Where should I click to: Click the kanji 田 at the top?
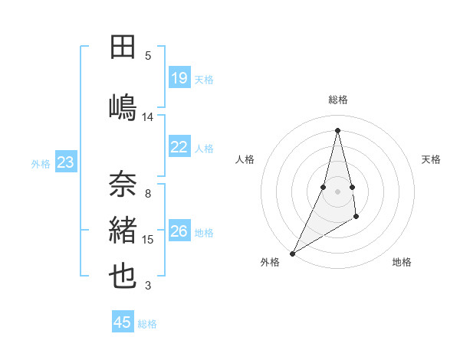click(123, 47)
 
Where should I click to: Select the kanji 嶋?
click(123, 107)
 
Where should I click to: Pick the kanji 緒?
click(123, 230)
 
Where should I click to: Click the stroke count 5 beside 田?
click(148, 56)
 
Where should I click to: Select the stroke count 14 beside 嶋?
click(148, 117)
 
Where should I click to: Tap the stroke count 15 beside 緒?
click(148, 240)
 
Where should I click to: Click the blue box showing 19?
click(179, 78)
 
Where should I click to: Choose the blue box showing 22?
click(179, 147)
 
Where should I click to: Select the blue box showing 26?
click(179, 231)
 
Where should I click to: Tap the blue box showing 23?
click(65, 162)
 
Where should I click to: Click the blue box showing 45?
click(123, 322)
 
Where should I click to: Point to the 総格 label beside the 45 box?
click(147, 324)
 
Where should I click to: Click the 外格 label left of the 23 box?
click(41, 163)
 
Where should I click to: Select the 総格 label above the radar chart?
click(338, 100)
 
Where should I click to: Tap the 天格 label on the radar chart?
click(431, 159)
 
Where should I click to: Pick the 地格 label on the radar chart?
click(402, 262)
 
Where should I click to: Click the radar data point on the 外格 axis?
click(293, 253)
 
